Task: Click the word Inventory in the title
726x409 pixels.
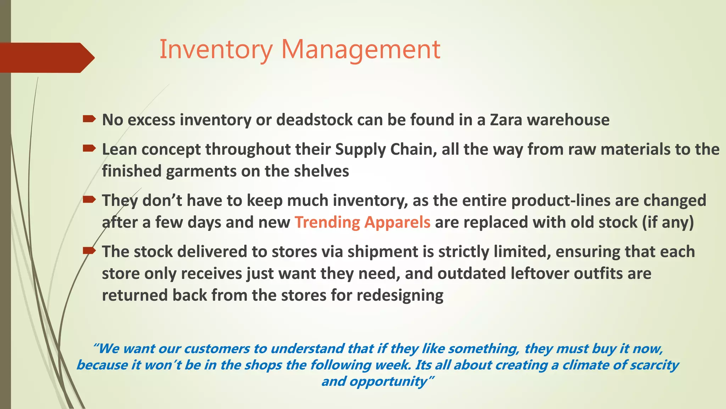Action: [x=216, y=50]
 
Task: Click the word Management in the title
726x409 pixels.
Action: [x=361, y=50]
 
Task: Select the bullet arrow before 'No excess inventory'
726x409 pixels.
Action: [x=89, y=119]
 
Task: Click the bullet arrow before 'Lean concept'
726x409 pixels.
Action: [x=89, y=148]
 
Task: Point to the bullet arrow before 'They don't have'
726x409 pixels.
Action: [x=89, y=200]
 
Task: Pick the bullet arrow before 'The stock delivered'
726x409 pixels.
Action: [x=89, y=251]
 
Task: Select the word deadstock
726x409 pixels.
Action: [x=314, y=120]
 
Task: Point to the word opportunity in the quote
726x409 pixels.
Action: [x=388, y=382]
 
